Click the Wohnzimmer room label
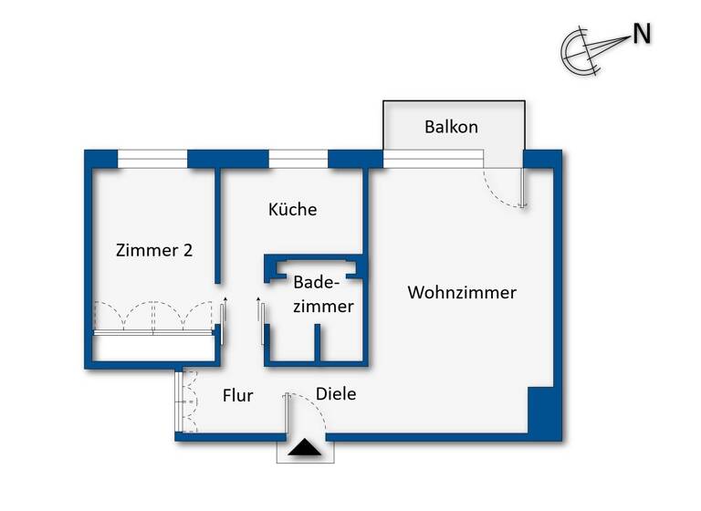[462, 293]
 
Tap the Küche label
[292, 209]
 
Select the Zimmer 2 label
[153, 250]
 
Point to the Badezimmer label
[322, 294]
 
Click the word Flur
[237, 395]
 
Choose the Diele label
[335, 394]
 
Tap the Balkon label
[451, 127]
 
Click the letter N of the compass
[642, 35]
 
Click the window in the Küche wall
[298, 159]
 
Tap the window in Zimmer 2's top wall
[152, 159]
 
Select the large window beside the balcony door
[433, 159]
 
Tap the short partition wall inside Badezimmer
[317, 343]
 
